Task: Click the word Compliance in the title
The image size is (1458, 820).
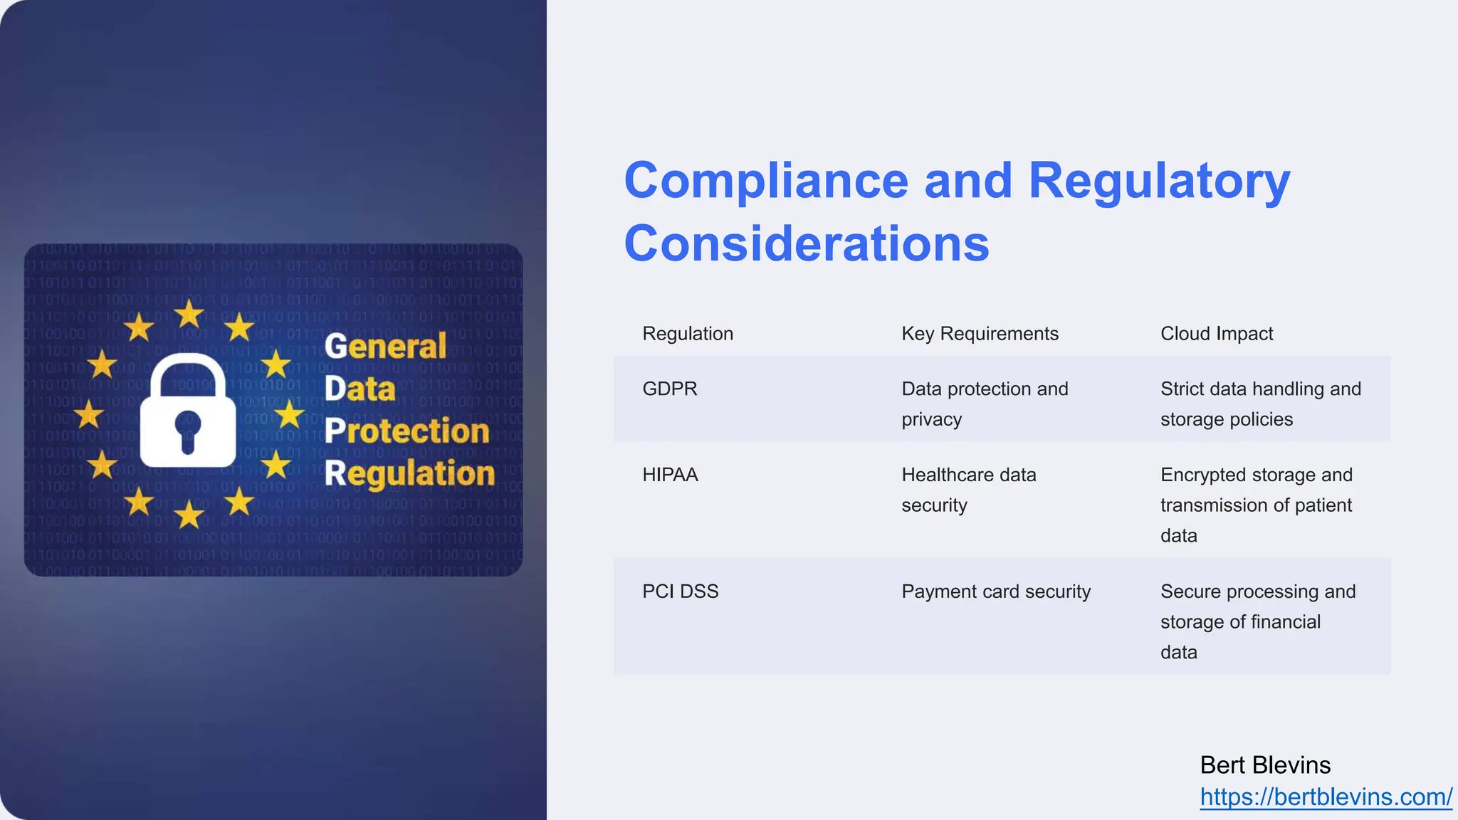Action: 766,181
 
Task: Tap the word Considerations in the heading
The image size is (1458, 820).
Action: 807,243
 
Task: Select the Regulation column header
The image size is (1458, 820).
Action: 688,334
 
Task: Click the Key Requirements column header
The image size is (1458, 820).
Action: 980,334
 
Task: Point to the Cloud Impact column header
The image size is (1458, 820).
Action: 1217,334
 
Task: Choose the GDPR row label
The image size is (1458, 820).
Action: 670,389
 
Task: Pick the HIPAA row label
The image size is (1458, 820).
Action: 670,475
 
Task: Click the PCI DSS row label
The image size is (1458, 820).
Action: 681,592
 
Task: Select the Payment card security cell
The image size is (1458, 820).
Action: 996,592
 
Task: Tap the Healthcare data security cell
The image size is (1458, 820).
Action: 968,490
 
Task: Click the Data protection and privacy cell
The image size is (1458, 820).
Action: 985,404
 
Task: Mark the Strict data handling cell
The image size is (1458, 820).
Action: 1260,404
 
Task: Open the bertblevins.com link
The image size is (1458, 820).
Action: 1326,797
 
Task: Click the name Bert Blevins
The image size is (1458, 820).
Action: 1265,765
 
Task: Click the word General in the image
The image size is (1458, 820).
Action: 385,347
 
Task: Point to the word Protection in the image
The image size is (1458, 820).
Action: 407,431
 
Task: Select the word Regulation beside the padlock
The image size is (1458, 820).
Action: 409,473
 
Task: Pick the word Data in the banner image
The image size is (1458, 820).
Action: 360,389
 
